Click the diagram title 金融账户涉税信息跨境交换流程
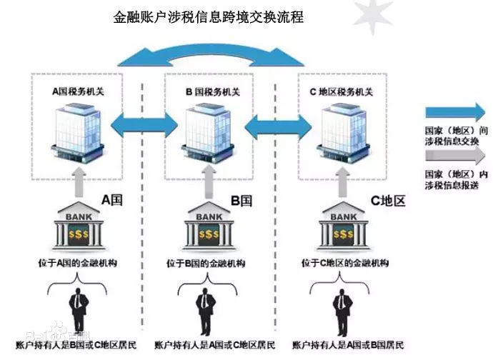209,16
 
